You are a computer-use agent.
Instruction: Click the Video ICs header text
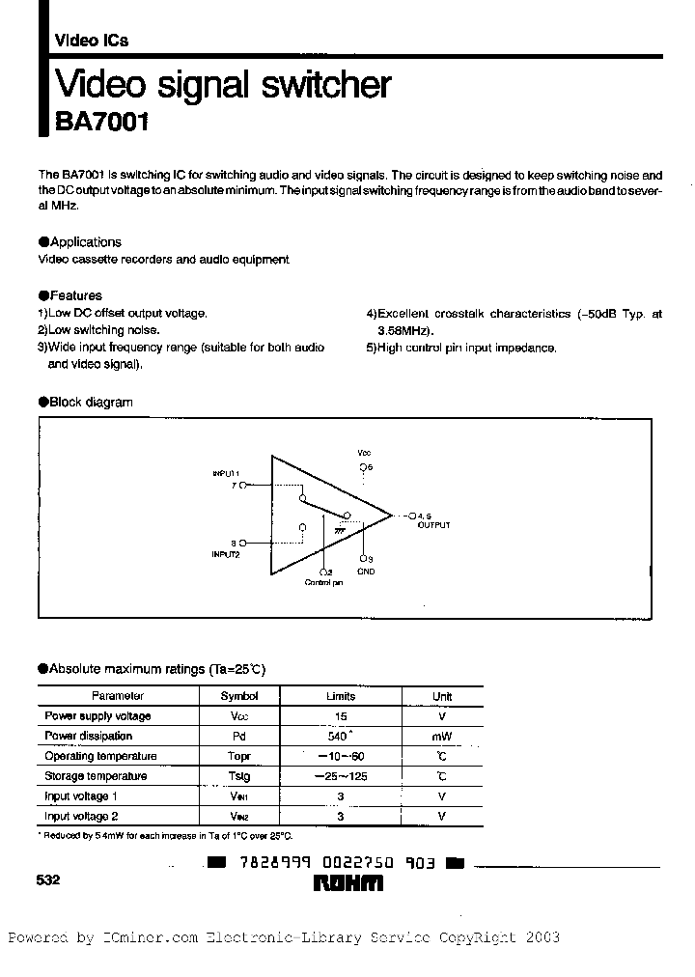(91, 41)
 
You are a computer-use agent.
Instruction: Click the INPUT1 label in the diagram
(226, 474)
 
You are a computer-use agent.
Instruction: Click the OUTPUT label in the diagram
(433, 525)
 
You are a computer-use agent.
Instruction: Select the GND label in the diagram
(366, 572)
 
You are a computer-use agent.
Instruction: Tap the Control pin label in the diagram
(324, 583)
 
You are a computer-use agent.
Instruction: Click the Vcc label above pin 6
(364, 452)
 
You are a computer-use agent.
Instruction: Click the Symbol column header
(239, 696)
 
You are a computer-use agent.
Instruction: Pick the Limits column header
(341, 696)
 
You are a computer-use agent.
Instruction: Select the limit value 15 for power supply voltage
(341, 716)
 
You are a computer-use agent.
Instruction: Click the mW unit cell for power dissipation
(442, 737)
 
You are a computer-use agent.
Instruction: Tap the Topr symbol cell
(239, 756)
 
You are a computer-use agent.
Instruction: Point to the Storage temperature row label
(96, 776)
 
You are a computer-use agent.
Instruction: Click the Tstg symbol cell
(239, 776)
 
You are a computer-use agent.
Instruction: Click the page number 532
(49, 879)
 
